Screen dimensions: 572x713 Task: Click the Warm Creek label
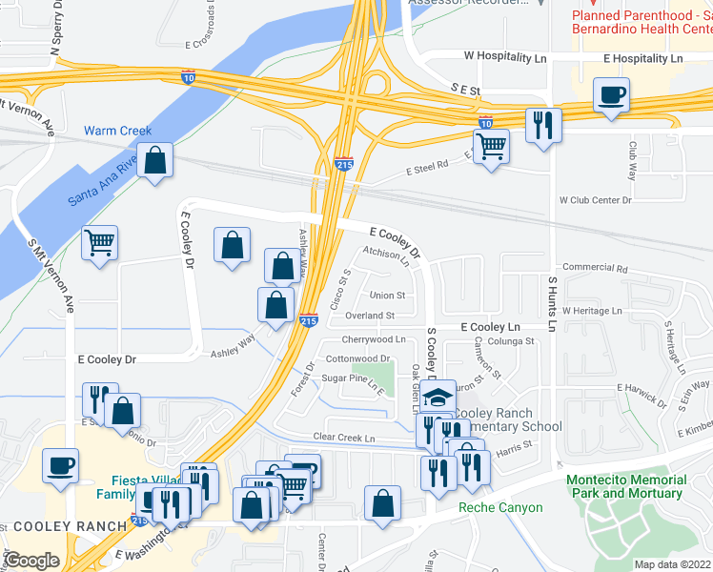(x=118, y=131)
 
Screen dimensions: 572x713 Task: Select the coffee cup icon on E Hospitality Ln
(x=611, y=95)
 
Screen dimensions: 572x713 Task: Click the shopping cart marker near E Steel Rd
(x=491, y=147)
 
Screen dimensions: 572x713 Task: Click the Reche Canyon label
(x=500, y=508)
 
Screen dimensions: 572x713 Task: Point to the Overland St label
(x=370, y=316)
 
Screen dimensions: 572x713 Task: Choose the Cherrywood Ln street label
(x=374, y=339)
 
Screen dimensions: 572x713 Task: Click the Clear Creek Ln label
(x=345, y=438)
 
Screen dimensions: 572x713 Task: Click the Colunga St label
(x=510, y=341)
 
